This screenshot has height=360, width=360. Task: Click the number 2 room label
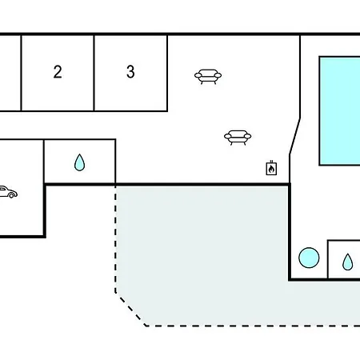click(x=58, y=72)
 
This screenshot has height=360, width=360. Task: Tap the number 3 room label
click(x=130, y=72)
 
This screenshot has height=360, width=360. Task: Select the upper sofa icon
click(x=208, y=77)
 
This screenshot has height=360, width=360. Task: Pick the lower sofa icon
click(x=238, y=138)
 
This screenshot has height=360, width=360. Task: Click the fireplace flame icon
click(x=271, y=168)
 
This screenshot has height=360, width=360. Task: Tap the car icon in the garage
click(x=8, y=192)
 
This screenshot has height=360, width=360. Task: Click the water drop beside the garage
click(x=79, y=162)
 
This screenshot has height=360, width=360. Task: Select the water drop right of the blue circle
click(x=347, y=262)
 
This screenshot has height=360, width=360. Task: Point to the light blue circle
click(x=309, y=258)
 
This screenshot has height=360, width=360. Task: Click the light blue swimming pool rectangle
click(x=340, y=111)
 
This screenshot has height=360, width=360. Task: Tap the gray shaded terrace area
click(x=202, y=254)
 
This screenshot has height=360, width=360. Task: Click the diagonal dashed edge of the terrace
click(x=130, y=310)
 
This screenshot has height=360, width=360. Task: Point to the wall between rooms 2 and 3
click(x=94, y=73)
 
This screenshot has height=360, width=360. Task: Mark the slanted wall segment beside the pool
click(x=295, y=136)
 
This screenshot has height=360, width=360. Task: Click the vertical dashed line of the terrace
click(x=115, y=239)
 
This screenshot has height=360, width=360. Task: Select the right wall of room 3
click(x=167, y=73)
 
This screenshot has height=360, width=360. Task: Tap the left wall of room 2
click(x=21, y=73)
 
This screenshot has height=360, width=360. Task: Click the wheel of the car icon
click(x=11, y=196)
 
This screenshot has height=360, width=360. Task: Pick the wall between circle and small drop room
click(x=328, y=259)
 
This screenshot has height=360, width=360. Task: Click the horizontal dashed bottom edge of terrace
click(x=253, y=326)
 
